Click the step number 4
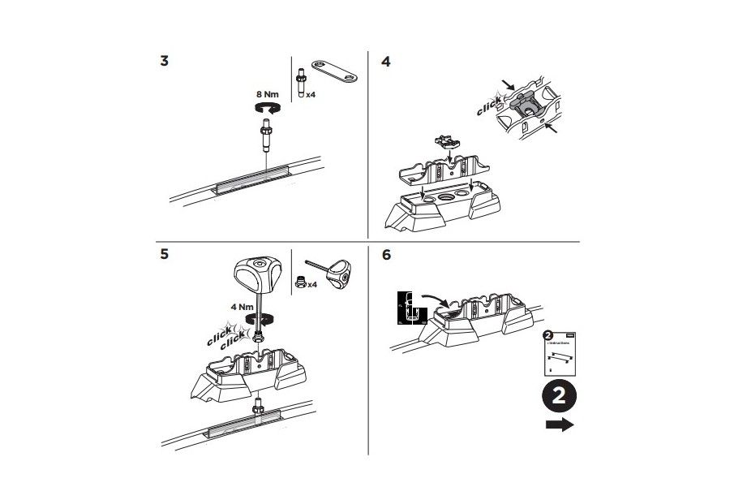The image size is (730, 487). (386, 61)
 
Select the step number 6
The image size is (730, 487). (386, 254)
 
